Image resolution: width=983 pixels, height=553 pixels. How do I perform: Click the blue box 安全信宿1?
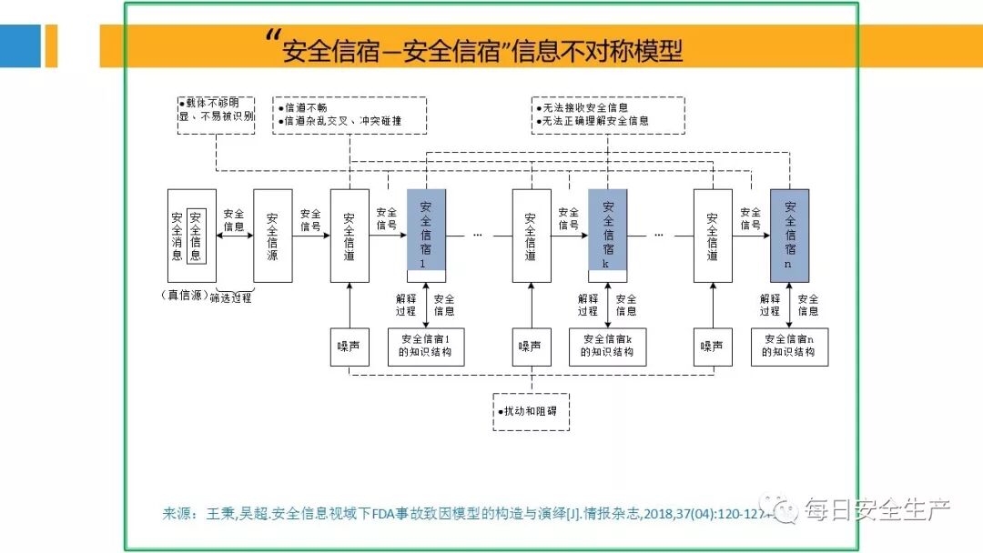click(x=426, y=231)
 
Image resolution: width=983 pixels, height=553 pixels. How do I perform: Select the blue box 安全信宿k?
click(x=608, y=231)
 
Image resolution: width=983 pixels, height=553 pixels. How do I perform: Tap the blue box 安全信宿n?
click(x=789, y=231)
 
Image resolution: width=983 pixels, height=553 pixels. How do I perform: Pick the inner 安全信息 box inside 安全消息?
click(x=197, y=236)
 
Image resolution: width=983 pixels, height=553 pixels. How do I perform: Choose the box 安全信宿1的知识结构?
click(x=426, y=346)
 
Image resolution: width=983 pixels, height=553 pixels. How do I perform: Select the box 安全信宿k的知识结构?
click(x=608, y=346)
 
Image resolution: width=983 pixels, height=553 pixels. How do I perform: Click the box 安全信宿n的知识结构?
click(x=789, y=346)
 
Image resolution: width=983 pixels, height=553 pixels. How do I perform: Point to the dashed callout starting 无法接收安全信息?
click(x=608, y=115)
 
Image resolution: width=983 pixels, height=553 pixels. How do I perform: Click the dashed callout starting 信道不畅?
click(x=350, y=115)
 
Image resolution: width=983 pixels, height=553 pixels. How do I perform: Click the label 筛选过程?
click(x=230, y=297)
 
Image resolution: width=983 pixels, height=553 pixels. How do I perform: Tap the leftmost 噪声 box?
click(x=350, y=346)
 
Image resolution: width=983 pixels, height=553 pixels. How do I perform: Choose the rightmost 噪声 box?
click(x=712, y=346)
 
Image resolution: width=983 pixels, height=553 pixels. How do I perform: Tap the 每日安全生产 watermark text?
click(x=876, y=510)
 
